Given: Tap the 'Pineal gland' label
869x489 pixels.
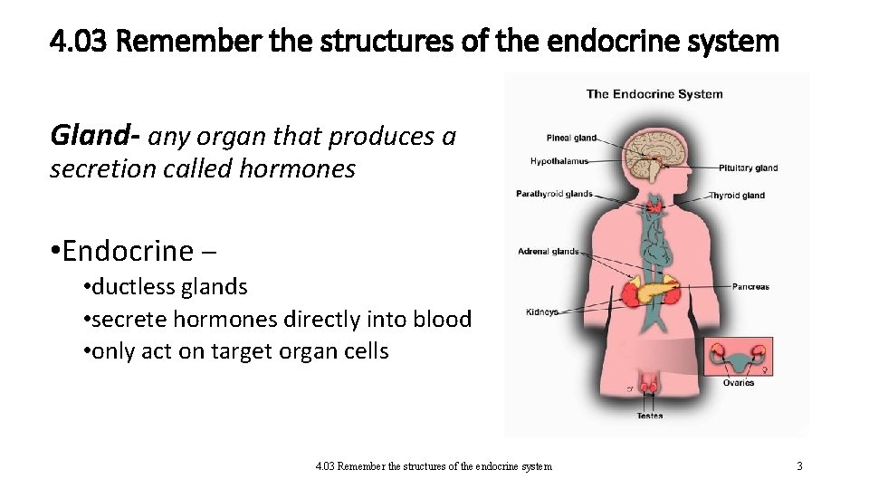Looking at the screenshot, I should pos(571,138).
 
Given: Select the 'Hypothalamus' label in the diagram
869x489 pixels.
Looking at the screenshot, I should pos(559,161).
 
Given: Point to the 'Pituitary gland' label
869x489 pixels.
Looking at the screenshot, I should pos(748,168).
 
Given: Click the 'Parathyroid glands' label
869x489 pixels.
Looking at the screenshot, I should pos(554,193).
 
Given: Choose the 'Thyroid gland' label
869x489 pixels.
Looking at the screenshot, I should pos(737,195).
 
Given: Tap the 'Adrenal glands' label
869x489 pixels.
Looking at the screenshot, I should pos(548,251).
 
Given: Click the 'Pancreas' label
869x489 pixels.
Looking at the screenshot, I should pos(750,287).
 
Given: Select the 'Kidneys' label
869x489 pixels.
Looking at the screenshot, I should pos(542,312).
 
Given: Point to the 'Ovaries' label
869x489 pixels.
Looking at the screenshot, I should pos(738,383).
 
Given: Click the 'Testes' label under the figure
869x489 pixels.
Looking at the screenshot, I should pos(649,416).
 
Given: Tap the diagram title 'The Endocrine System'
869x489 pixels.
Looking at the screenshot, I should pos(654,93).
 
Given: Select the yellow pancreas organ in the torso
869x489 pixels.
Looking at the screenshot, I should pos(655,292).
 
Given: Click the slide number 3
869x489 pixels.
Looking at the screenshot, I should pos(799,466).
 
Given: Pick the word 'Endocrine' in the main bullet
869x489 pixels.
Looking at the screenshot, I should pos(129,250).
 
